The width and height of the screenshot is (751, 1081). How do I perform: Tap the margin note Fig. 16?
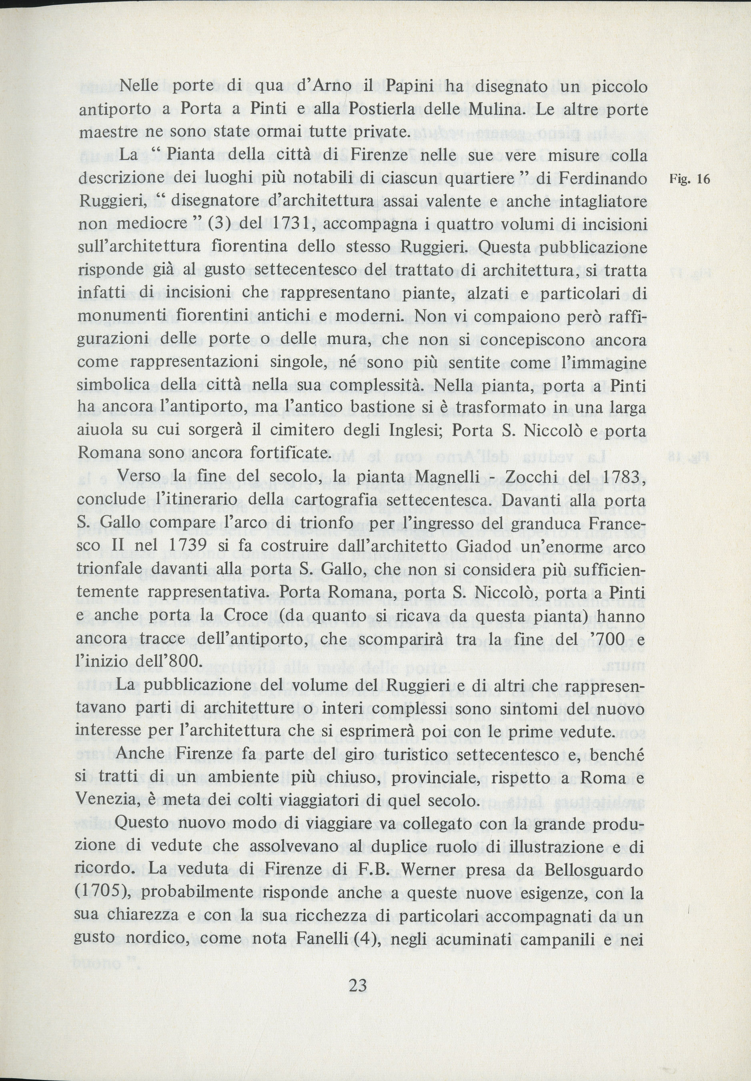click(x=689, y=179)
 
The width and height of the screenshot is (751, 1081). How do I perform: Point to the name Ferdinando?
click(x=602, y=178)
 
